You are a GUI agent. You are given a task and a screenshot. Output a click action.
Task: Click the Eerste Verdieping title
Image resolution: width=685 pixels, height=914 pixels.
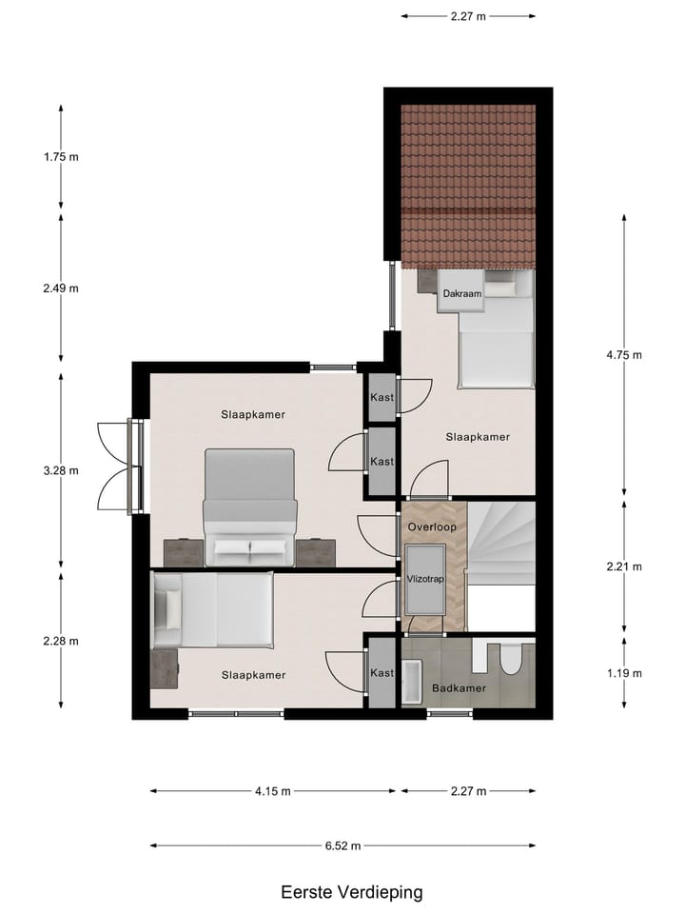(351, 892)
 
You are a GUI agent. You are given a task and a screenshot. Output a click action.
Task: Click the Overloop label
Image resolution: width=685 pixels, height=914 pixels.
(432, 527)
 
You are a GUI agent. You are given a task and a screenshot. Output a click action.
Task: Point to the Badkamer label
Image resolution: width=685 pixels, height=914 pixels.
(459, 686)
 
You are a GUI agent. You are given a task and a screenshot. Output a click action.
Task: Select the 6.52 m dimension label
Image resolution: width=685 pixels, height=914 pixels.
(342, 844)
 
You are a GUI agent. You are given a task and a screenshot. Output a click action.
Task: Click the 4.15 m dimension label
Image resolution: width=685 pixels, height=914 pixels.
(272, 791)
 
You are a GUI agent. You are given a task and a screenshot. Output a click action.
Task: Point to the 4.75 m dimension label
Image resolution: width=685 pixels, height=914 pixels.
(624, 355)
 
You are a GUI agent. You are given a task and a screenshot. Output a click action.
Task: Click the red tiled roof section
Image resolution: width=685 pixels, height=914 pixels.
(467, 186)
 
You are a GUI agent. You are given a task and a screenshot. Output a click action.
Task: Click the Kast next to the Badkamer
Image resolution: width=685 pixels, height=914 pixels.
(382, 673)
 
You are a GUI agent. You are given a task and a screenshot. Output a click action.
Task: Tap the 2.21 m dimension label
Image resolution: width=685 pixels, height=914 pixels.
(624, 566)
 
